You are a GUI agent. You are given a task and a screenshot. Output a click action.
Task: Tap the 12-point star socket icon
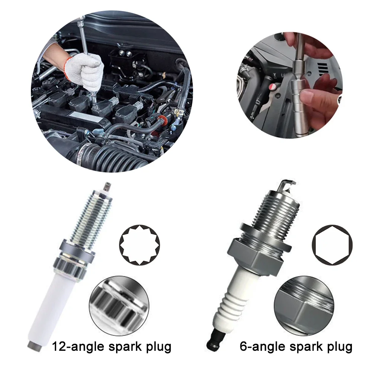(139, 244)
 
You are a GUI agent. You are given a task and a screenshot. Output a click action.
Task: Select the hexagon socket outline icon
(332, 244)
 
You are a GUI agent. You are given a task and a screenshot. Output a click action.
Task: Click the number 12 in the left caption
(60, 347)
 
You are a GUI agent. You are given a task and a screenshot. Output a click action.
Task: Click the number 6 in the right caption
(244, 347)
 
